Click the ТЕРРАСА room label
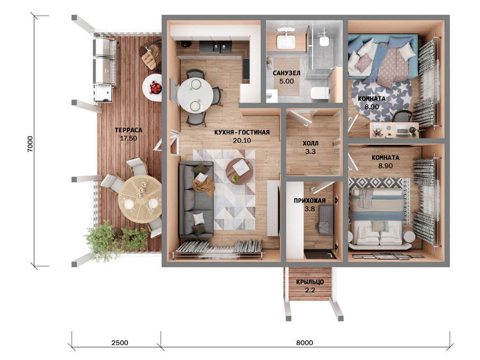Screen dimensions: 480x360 coord(128,130)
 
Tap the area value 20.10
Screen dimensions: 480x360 coord(242,140)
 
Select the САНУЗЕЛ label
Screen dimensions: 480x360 coord(286,73)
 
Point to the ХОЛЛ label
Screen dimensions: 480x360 coord(310,143)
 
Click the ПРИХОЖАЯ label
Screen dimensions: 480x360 coord(309,201)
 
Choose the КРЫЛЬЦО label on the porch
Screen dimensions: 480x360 coord(310,282)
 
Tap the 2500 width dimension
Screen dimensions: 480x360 coord(119,342)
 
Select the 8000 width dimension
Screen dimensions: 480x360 coord(305,342)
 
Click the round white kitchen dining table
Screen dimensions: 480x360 coord(195,95)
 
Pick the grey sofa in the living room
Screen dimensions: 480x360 coord(196,199)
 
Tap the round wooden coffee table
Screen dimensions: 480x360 coord(239,171)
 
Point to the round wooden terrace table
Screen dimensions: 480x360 coord(140,199)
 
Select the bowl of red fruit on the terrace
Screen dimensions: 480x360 coord(155,88)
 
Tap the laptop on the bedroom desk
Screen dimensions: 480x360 coord(402,131)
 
